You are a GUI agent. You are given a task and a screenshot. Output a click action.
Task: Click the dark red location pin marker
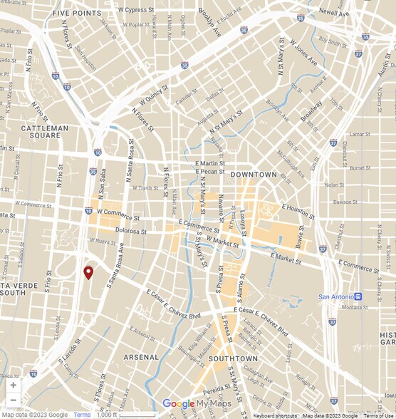(88, 272)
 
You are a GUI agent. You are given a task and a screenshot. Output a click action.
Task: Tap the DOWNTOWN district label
(254, 175)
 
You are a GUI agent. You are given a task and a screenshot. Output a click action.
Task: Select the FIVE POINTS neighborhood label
(76, 14)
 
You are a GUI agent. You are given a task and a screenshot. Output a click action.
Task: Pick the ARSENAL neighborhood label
(142, 356)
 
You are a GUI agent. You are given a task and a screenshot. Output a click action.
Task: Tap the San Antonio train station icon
(358, 296)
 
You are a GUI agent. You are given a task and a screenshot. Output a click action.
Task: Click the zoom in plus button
(13, 385)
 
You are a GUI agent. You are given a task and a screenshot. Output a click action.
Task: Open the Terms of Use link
(378, 415)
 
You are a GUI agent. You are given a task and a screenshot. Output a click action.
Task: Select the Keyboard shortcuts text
(275, 415)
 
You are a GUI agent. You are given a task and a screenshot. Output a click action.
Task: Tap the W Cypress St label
(136, 11)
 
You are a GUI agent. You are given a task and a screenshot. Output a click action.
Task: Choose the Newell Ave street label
(333, 13)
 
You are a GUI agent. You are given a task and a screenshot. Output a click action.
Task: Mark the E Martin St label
(210, 163)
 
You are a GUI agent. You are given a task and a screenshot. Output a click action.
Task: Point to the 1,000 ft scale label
(106, 415)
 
